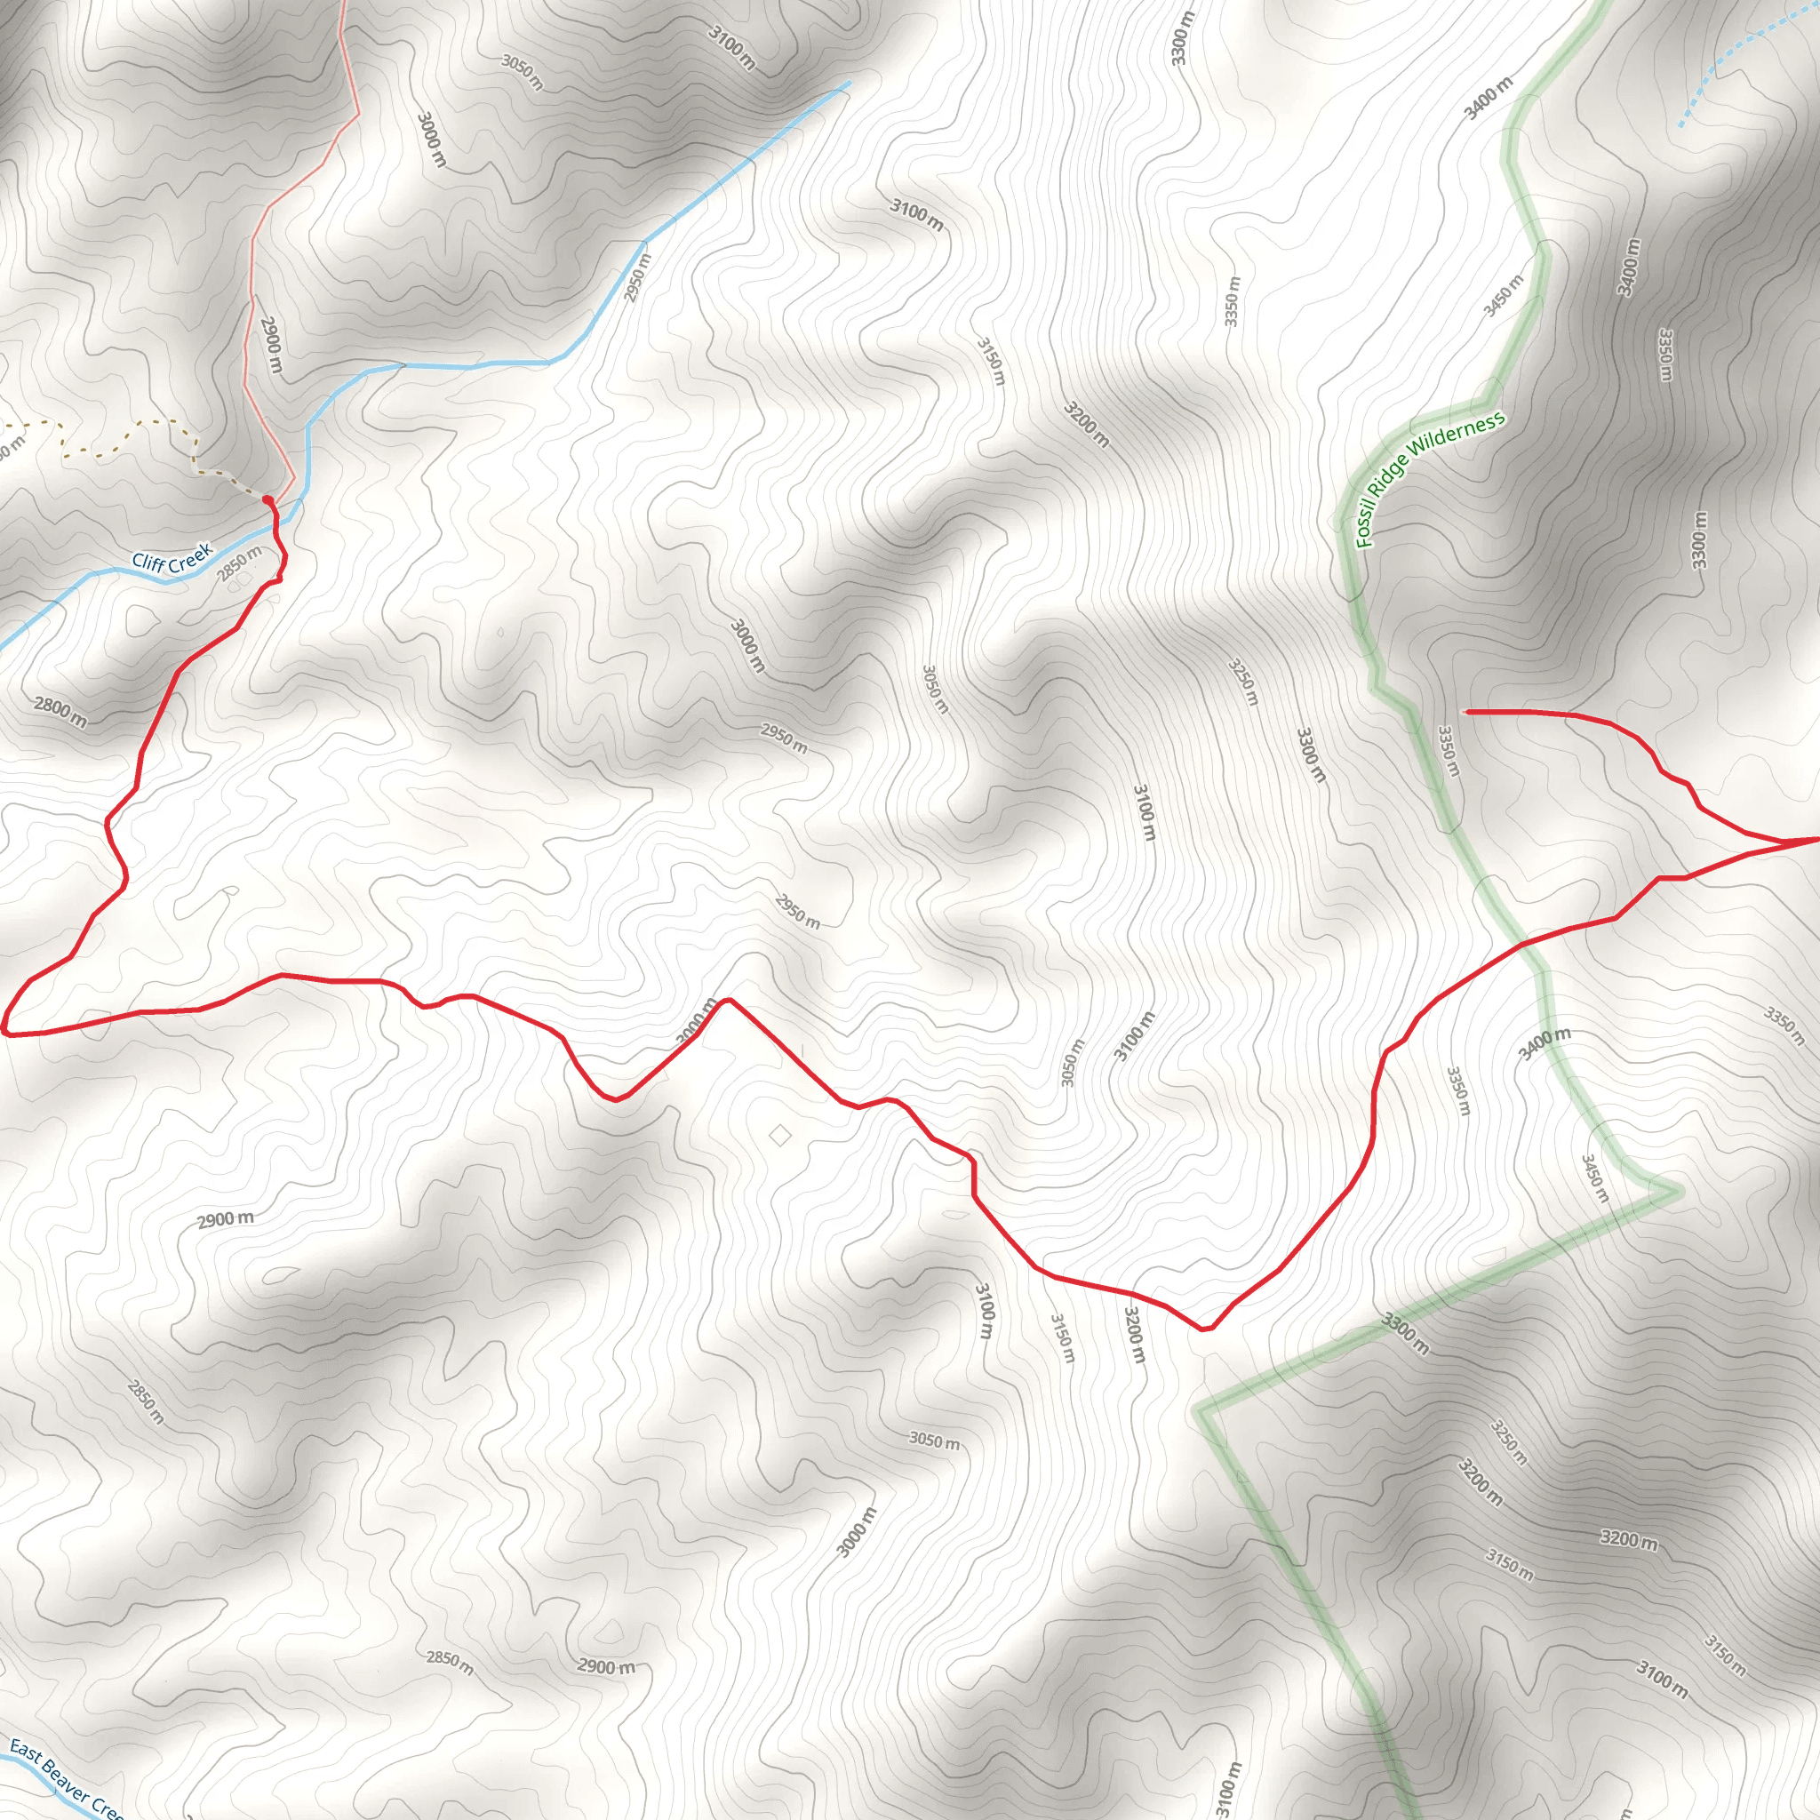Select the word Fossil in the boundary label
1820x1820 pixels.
pyautogui.click(x=1365, y=523)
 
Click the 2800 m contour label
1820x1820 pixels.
pyautogui.click(x=60, y=712)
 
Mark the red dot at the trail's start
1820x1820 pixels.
pyautogui.click(x=267, y=500)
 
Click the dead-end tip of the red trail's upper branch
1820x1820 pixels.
pyautogui.click(x=1466, y=711)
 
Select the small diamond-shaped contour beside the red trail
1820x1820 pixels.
pyautogui.click(x=779, y=1135)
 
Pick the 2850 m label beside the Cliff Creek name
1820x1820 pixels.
pyautogui.click(x=239, y=563)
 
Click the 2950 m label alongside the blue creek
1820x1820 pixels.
pyautogui.click(x=638, y=278)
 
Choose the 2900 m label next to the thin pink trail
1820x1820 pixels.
pyautogui.click(x=270, y=344)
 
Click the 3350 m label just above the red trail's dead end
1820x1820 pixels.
pyautogui.click(x=1449, y=750)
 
